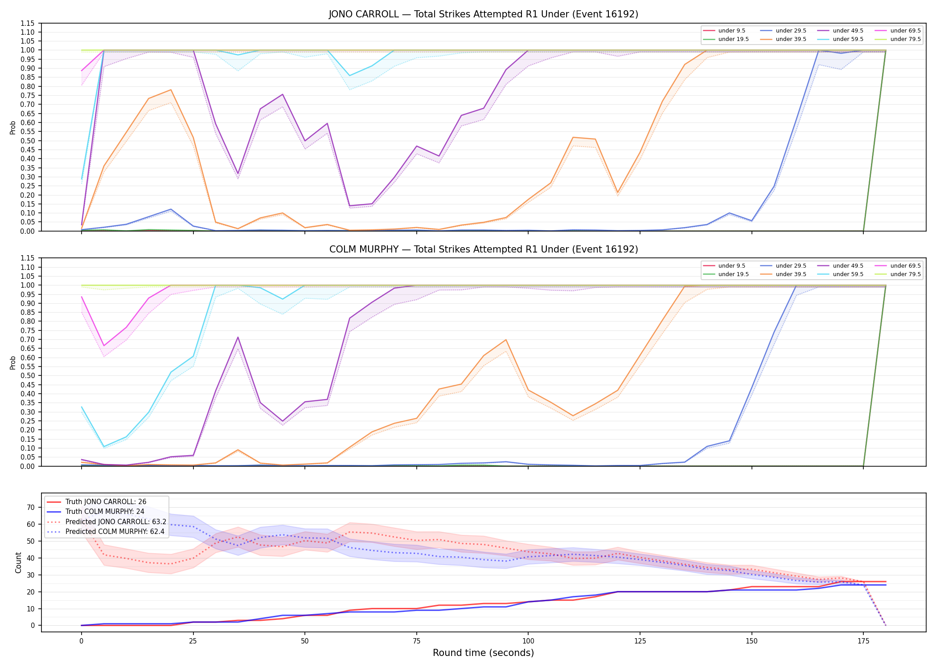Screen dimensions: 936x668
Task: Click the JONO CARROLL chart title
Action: [x=484, y=14]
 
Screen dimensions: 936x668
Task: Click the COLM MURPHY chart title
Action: [x=484, y=249]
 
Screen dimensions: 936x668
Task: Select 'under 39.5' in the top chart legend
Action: [x=791, y=39]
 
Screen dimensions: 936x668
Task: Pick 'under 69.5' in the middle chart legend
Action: [x=906, y=266]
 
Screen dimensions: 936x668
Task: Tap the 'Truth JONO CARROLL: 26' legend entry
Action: [x=106, y=502]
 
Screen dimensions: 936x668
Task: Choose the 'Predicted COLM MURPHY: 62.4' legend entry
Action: [x=115, y=531]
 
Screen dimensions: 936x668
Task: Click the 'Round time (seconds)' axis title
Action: [x=484, y=653]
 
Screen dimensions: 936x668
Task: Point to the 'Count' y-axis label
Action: [x=18, y=562]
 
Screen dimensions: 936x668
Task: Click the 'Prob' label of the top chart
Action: [x=13, y=127]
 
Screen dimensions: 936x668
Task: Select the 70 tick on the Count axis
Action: [x=31, y=507]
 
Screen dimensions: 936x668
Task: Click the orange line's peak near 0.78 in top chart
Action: [x=171, y=90]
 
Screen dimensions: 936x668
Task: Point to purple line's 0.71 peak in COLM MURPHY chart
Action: [x=238, y=337]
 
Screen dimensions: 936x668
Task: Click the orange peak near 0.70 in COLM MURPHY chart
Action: [x=506, y=340]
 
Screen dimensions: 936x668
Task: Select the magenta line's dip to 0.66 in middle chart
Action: [x=104, y=346]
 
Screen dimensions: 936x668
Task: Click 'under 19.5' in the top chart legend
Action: [x=734, y=39]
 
